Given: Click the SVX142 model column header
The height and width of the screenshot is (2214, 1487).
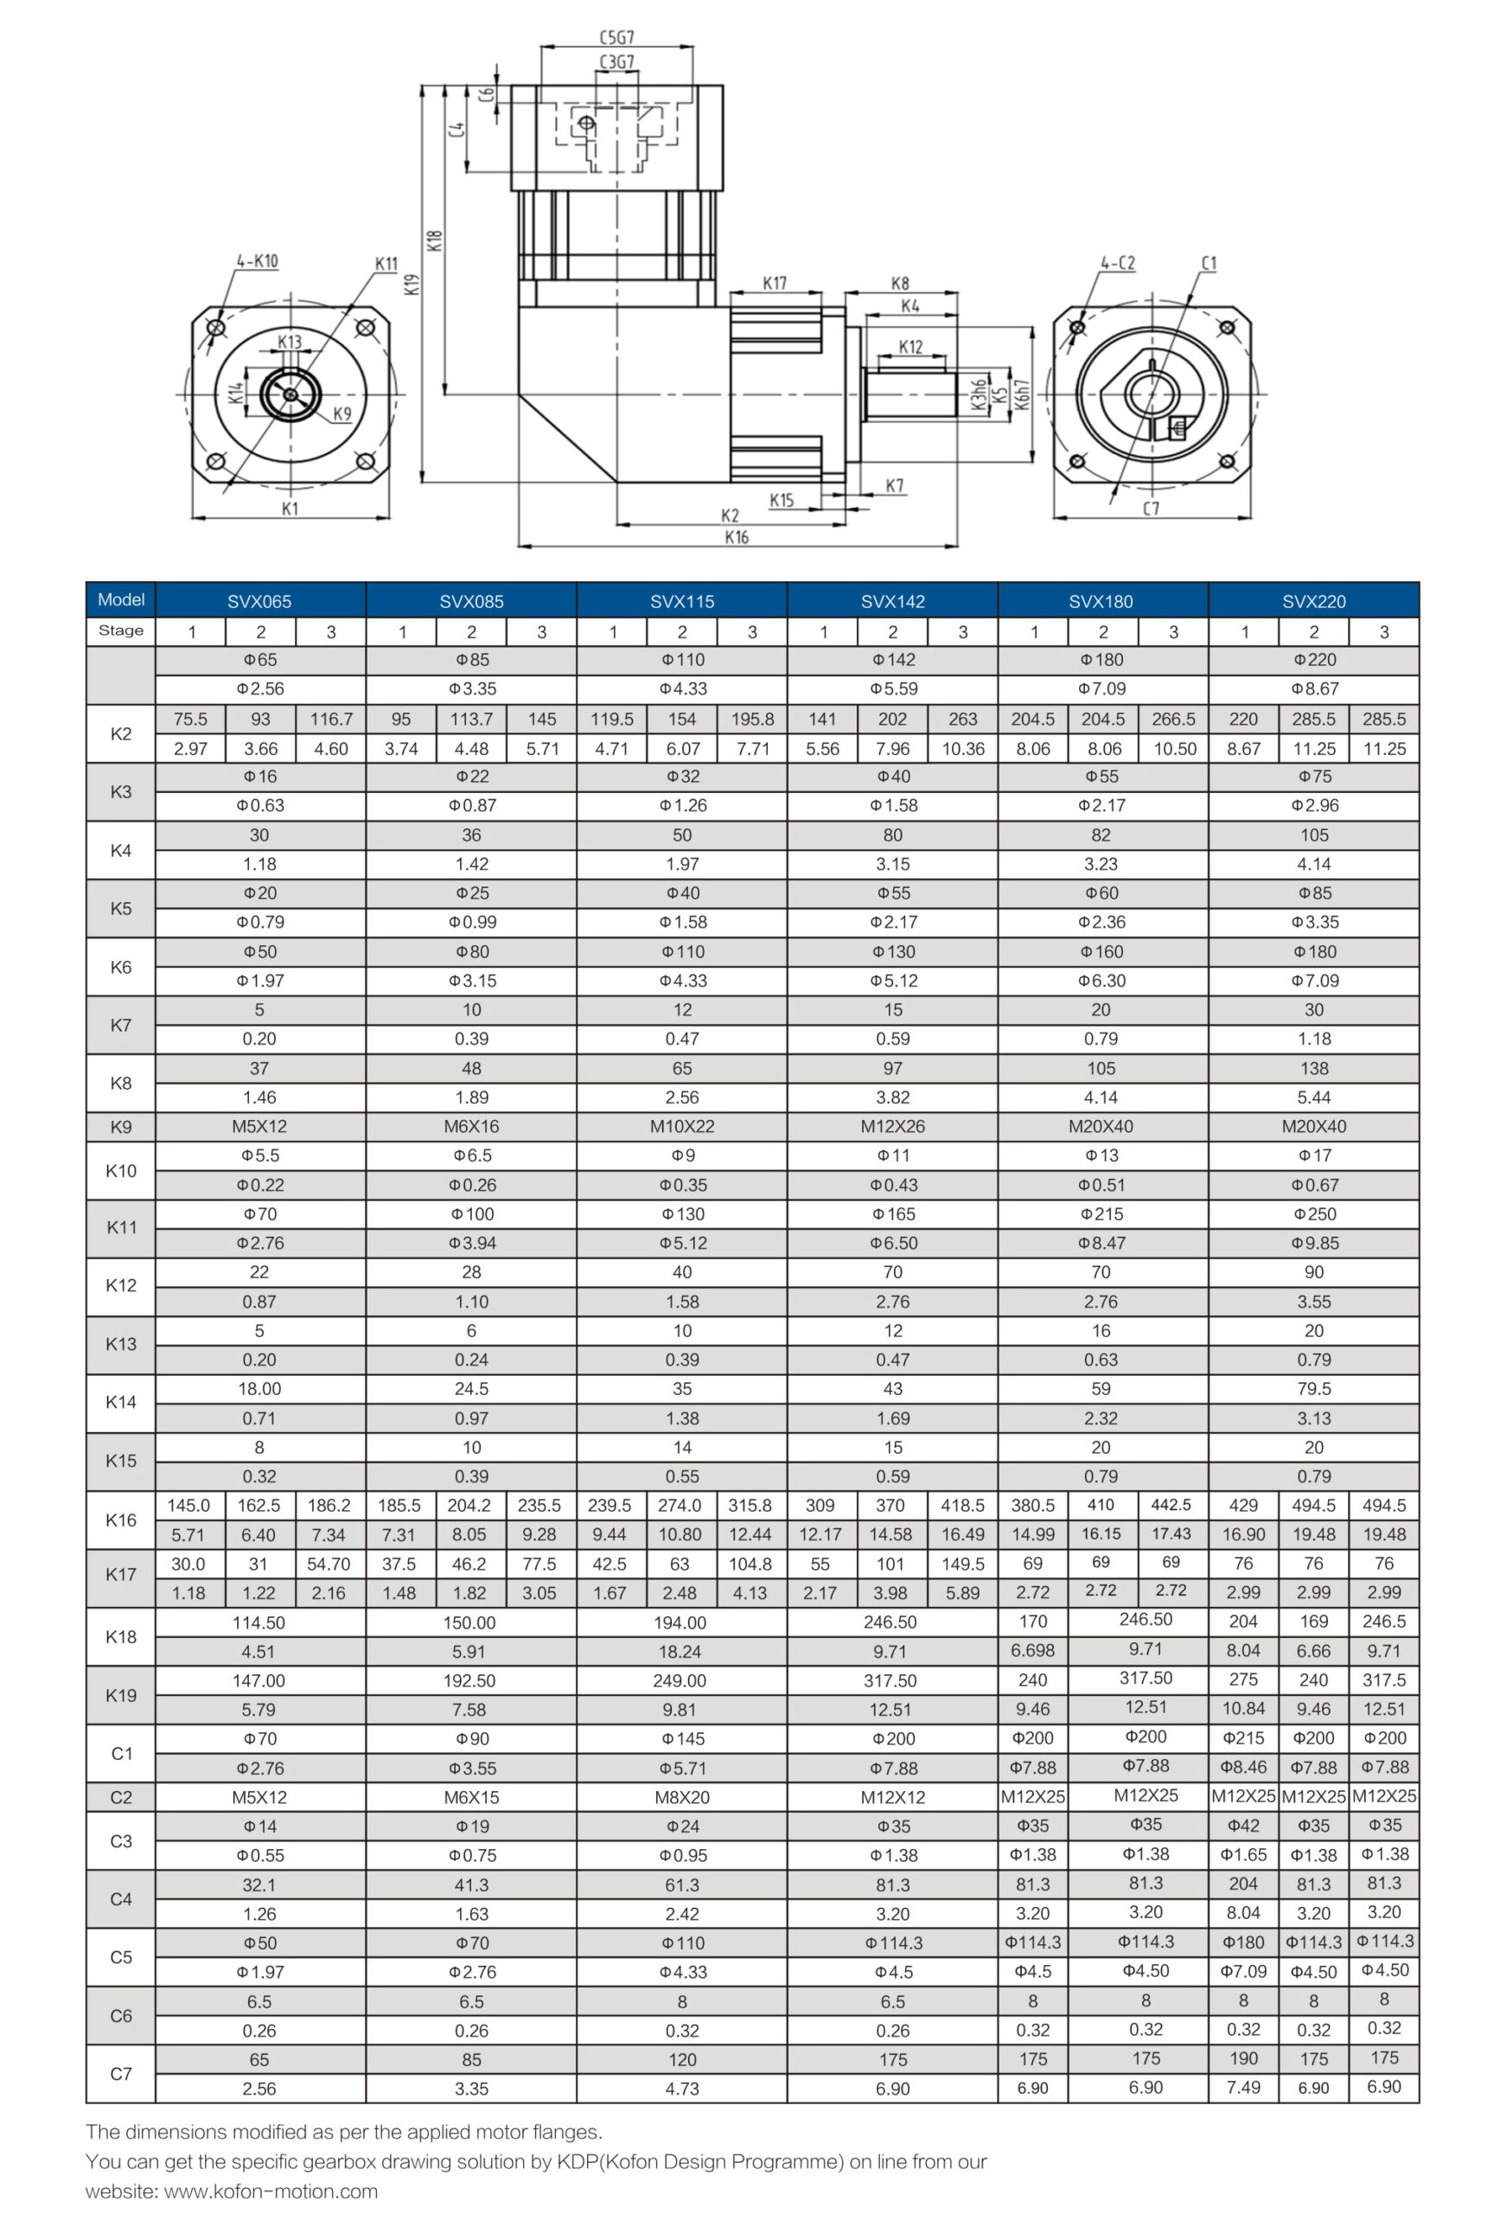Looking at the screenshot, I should pyautogui.click(x=892, y=601).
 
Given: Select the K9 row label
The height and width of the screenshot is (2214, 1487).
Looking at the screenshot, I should pyautogui.click(x=120, y=1127).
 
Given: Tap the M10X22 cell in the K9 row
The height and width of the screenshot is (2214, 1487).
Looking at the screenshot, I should pyautogui.click(x=682, y=1126).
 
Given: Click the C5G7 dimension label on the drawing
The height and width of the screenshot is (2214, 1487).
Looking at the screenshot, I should pyautogui.click(x=616, y=38).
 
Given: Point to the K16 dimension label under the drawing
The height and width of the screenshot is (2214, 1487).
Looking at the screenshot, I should pyautogui.click(x=736, y=537).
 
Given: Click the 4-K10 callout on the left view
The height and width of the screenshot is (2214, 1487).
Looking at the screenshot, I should pyautogui.click(x=257, y=261).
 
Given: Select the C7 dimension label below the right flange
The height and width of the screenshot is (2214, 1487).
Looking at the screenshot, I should pyautogui.click(x=1151, y=509).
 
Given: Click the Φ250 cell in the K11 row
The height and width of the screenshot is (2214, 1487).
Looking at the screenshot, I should pyautogui.click(x=1313, y=1214).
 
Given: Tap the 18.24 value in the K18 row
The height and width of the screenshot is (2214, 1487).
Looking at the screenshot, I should pyautogui.click(x=680, y=1652).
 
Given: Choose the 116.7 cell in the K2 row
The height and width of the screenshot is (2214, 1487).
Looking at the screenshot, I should pyautogui.click(x=331, y=719).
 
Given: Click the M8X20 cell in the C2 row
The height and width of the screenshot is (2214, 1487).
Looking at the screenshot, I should pyautogui.click(x=682, y=1796).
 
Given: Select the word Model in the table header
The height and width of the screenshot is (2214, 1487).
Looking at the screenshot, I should pyautogui.click(x=120, y=599).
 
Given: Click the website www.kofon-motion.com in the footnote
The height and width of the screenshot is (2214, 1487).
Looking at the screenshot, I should pyautogui.click(x=271, y=2192).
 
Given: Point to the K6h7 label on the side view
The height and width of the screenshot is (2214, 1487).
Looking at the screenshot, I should pyautogui.click(x=1020, y=394).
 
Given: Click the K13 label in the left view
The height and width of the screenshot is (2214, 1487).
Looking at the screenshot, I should pyautogui.click(x=290, y=342).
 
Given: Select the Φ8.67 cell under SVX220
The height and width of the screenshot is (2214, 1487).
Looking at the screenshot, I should pyautogui.click(x=1313, y=688).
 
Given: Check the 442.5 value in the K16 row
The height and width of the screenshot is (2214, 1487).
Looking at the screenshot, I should pyautogui.click(x=1171, y=1505).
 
